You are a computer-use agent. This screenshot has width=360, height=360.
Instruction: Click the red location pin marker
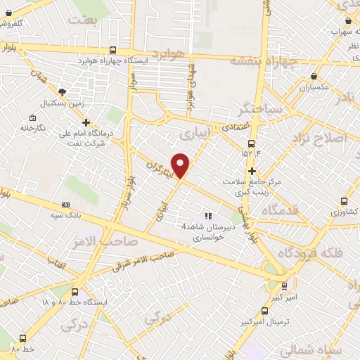point(181,165)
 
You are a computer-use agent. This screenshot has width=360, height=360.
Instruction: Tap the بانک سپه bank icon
point(65,205)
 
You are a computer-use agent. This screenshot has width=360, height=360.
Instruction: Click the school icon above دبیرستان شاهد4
point(207,216)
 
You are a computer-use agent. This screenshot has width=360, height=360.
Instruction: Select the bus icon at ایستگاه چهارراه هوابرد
point(113,50)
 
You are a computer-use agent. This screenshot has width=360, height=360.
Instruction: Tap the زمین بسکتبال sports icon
point(63,92)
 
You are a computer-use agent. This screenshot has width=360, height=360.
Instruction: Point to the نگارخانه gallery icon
point(32,117)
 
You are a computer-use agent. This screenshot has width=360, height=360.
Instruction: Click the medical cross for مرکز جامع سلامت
point(251,171)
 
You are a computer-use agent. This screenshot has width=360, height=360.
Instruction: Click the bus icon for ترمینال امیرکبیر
point(264,309)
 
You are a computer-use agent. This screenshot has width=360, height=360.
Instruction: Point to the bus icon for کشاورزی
point(344,200)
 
